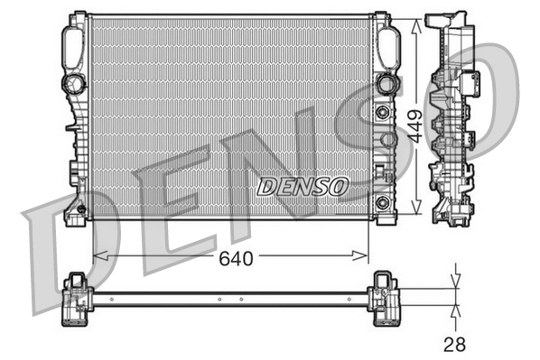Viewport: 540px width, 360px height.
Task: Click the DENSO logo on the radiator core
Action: [303, 186]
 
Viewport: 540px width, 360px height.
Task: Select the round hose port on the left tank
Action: [71, 85]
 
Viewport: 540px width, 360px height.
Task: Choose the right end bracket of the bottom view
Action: [385, 299]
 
